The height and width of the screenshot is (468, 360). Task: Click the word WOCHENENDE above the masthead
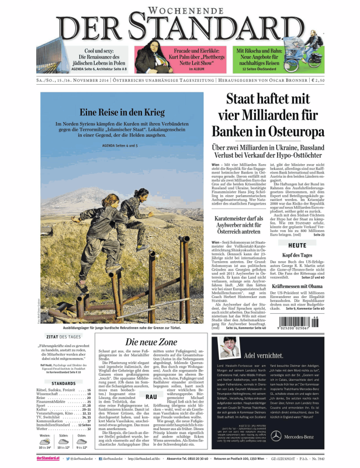[x=179, y=10]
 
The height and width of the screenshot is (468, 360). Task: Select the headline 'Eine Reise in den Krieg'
[x=122, y=113]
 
